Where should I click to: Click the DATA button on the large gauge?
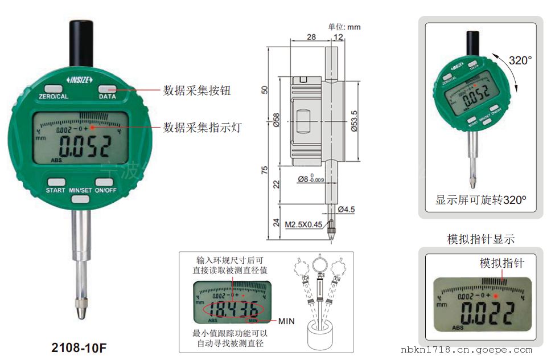(107, 89)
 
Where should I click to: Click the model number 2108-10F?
(79, 347)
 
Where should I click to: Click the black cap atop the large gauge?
(80, 43)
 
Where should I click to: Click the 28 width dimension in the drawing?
(311, 37)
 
